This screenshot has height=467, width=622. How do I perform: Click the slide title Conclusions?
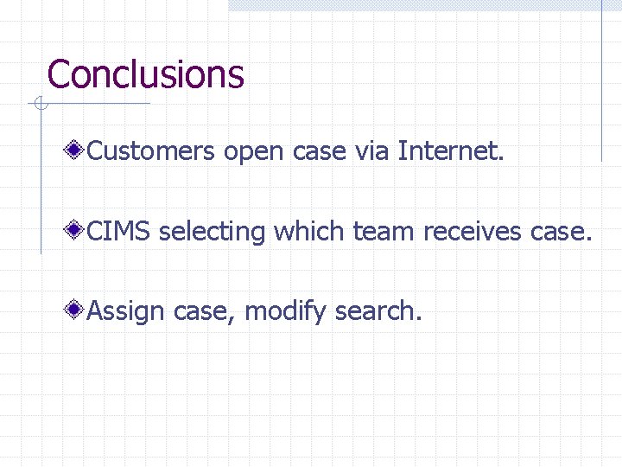[x=145, y=74]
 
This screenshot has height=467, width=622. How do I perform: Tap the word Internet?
[x=449, y=152]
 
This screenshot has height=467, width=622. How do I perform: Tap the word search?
[x=378, y=310]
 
